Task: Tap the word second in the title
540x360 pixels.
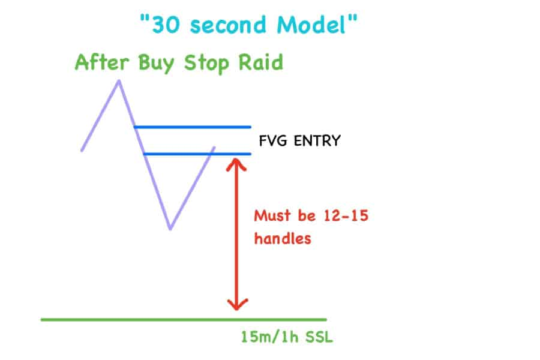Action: coord(228,25)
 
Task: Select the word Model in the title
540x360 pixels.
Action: coord(311,25)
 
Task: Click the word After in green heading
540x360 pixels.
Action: coord(102,62)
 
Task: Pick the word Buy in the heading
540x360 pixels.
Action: coord(157,64)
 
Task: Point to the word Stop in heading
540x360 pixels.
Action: coord(206,64)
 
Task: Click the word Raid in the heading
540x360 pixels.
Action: coord(261,62)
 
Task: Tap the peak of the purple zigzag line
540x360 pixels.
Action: coord(119,81)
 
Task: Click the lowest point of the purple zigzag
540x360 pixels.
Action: coord(170,228)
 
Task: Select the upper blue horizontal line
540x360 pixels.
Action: coord(192,127)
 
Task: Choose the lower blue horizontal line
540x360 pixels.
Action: coord(197,154)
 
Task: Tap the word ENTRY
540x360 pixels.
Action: coord(317,140)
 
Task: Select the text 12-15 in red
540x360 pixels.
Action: coord(346,215)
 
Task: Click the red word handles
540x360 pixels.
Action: coord(283,238)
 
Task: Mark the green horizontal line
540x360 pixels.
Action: coord(184,320)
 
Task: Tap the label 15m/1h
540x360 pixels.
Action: coord(269,337)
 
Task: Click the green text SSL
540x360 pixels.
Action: coord(319,337)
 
